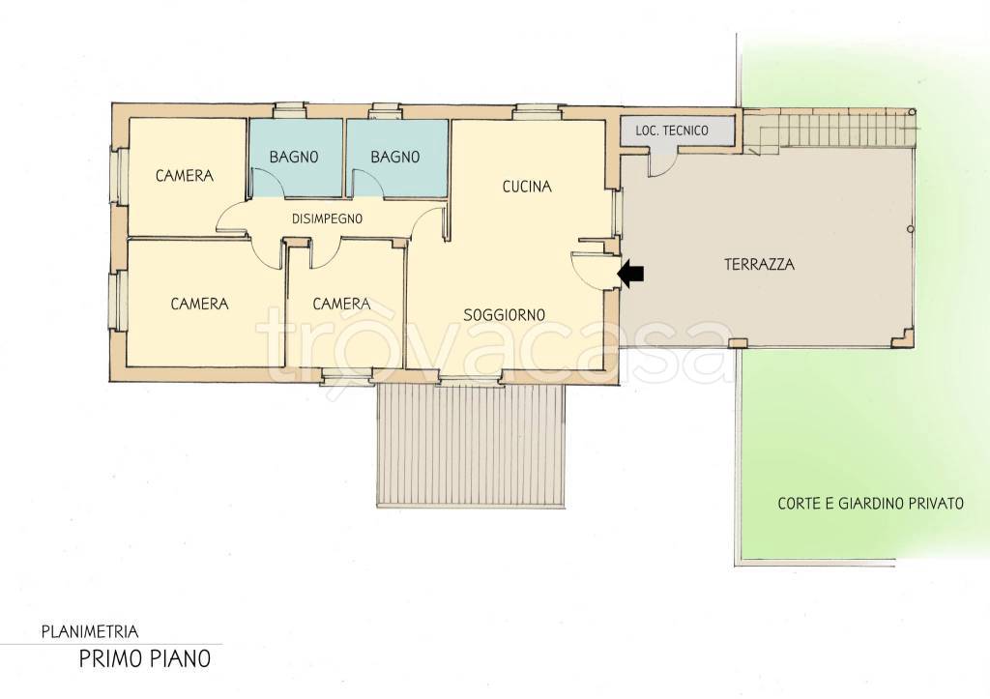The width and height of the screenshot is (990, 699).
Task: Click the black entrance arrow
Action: point(630,274)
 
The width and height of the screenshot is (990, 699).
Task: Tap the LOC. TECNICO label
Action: point(671,131)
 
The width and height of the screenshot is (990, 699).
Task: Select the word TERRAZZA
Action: point(759,264)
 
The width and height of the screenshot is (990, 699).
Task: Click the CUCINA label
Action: point(527,187)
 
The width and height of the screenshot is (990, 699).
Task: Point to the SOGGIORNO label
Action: point(505,314)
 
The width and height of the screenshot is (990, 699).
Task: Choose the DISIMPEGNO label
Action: point(327,219)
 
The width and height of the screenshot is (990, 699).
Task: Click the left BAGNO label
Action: point(294,157)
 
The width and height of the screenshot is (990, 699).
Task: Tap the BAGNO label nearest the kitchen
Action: point(395,157)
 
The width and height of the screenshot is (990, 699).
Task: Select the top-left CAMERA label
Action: point(185,176)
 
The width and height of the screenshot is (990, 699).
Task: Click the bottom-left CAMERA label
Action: point(199,304)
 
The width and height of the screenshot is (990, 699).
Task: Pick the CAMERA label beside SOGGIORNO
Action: point(341,304)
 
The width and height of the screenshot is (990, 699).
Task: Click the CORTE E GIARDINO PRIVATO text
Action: point(871,504)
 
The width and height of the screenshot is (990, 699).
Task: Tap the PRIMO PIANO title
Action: point(145,658)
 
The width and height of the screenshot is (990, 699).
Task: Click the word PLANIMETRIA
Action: point(90,630)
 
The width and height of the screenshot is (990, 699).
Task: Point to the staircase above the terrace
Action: point(829,131)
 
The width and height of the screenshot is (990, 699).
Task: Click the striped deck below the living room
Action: point(471,445)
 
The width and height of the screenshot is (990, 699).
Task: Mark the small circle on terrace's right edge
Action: point(911,228)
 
